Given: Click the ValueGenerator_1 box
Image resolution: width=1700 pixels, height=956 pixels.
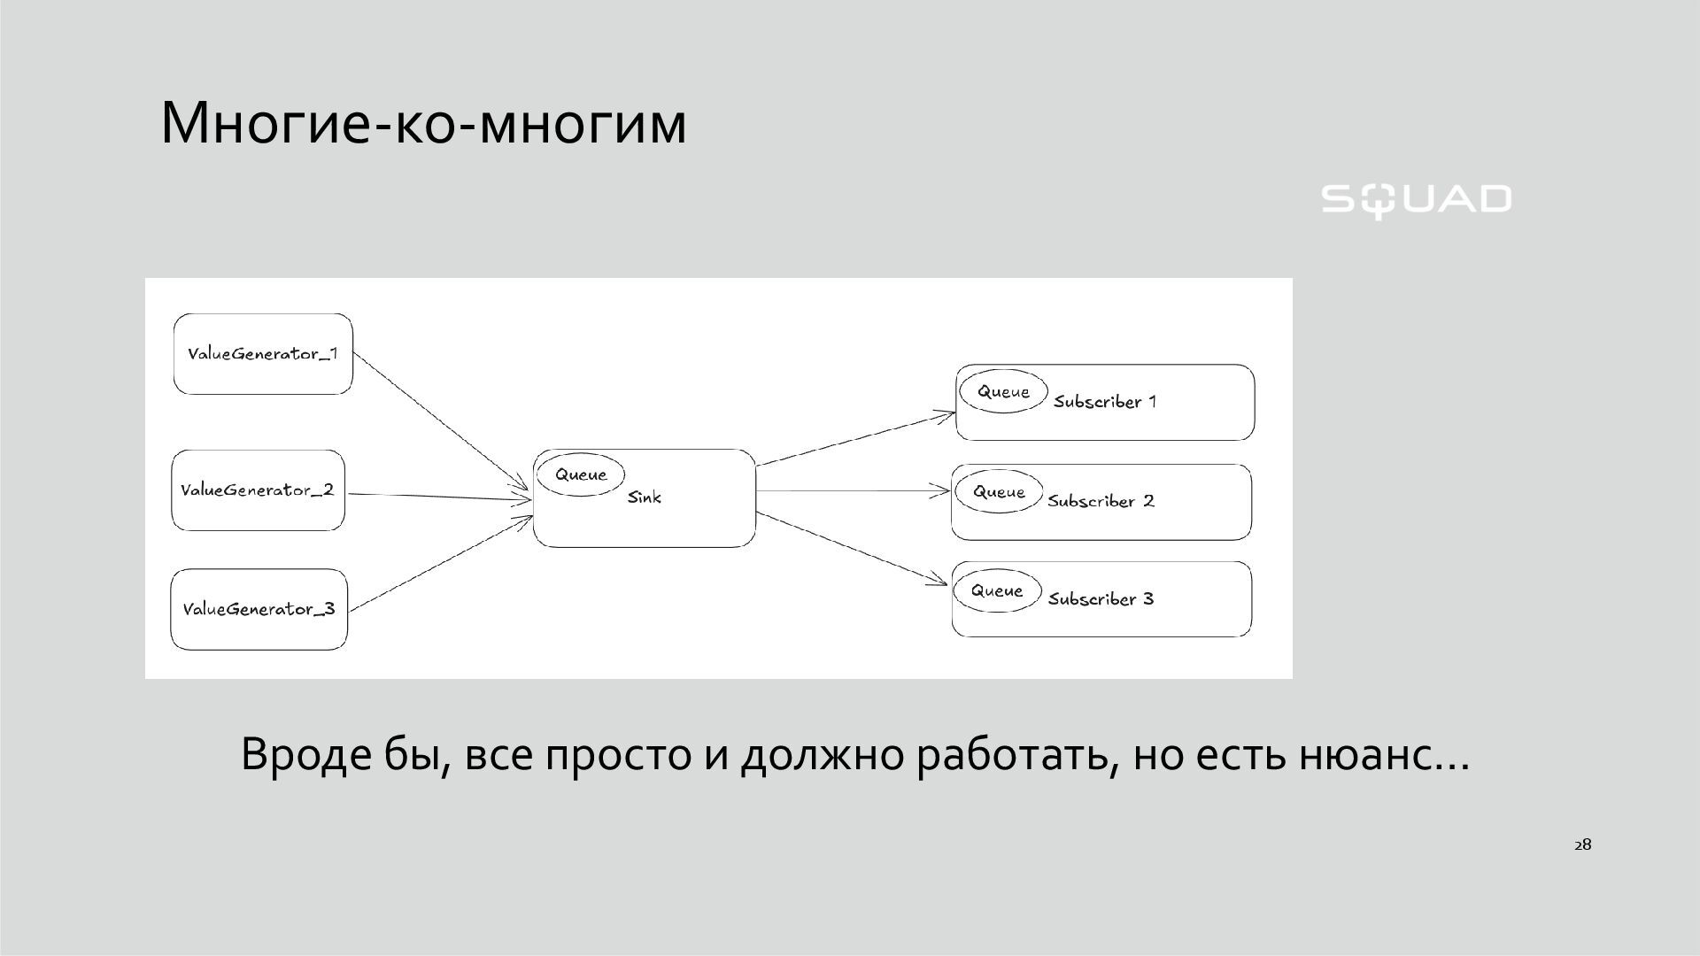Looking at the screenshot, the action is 263,354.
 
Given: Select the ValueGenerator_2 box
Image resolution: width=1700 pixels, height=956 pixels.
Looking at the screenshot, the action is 258,490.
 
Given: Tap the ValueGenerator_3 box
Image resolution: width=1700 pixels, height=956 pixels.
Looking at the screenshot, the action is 259,609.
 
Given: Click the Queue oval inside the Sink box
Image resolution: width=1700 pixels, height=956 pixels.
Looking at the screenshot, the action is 581,474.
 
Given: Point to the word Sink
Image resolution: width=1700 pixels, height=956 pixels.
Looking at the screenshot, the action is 645,497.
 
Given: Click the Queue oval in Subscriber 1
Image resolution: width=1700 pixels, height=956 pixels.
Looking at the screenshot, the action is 1003,391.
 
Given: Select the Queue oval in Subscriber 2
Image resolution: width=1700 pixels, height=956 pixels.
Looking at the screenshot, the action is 999,492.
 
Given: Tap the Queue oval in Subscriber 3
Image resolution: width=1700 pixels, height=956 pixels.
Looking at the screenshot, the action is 997,590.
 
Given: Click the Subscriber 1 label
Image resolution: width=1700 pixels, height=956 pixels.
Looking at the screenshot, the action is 1105,402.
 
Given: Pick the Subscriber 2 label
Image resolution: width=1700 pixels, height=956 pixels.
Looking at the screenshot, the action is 1101,501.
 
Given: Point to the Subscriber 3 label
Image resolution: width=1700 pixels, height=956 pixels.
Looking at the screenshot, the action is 1101,599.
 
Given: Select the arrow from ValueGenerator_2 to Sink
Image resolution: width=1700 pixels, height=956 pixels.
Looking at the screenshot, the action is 438,497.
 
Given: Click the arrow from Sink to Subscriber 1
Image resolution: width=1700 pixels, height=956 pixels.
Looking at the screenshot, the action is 855,438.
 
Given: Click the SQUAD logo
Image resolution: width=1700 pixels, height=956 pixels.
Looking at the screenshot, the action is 1416,200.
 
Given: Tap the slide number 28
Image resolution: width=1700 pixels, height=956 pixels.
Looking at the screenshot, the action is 1582,844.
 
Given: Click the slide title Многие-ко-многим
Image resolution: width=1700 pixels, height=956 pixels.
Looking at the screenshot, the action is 423,122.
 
